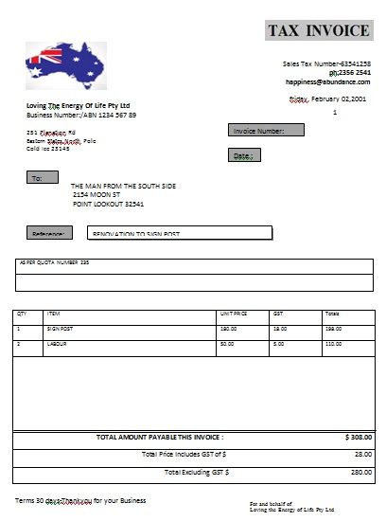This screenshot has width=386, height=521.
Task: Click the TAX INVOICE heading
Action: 318,30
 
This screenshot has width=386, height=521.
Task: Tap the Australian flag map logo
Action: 65,63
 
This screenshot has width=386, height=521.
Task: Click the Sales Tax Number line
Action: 326,63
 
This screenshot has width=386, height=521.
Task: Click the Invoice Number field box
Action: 266,131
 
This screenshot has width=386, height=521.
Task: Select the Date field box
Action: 243,154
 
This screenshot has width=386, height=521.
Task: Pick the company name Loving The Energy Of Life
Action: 79,105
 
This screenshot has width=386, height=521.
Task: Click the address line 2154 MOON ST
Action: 101,194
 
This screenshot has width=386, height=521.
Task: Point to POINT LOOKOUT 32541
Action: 109,204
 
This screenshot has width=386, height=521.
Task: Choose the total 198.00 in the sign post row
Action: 333,329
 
